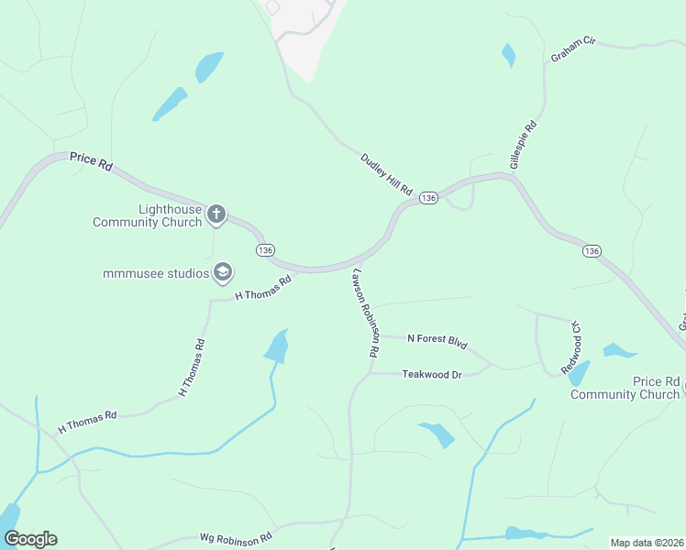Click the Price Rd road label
click(91, 161)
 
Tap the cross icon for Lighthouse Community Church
click(216, 214)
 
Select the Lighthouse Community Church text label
click(147, 215)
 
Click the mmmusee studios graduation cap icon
click(222, 272)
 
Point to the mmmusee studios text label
click(155, 272)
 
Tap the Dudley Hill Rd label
click(386, 172)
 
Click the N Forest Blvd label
click(437, 340)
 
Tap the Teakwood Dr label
click(431, 374)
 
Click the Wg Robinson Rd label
click(236, 537)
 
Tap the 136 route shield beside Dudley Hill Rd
click(428, 198)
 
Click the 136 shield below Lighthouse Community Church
click(266, 250)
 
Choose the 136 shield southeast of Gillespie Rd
click(592, 250)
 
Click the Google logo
click(30, 539)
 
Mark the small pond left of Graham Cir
click(508, 55)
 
